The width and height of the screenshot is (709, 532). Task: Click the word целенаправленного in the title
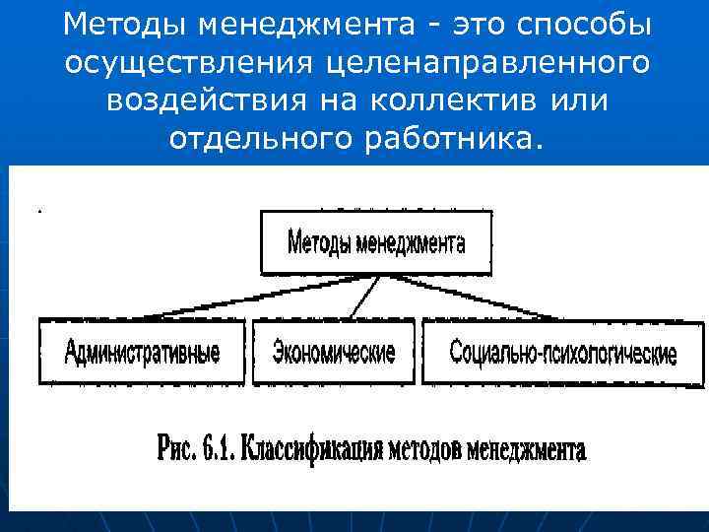tap(483, 62)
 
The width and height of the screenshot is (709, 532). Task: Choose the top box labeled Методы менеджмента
tap(375, 242)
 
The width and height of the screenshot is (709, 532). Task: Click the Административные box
tap(142, 352)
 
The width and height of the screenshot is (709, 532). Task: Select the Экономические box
tap(334, 352)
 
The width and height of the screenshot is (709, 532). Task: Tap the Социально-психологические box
tap(562, 352)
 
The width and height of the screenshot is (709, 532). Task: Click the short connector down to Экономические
tap(363, 296)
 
